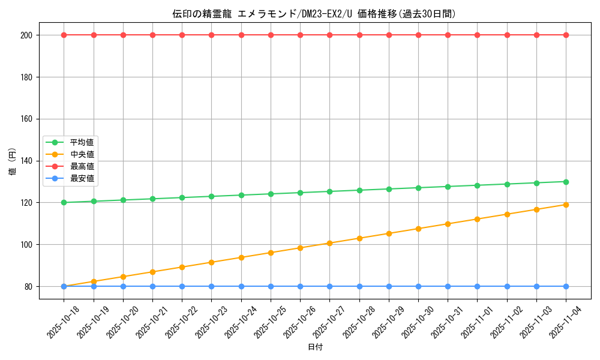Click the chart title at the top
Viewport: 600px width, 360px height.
tap(314, 14)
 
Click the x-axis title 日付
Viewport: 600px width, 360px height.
tap(315, 347)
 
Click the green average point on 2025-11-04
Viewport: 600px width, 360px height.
tap(566, 182)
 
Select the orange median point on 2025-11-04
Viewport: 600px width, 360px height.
tap(566, 205)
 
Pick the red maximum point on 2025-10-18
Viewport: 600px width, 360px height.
tap(64, 35)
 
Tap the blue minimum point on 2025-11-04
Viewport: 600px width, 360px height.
tap(566, 286)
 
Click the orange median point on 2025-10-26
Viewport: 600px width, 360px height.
tap(300, 248)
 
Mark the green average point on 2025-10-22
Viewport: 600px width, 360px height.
tap(182, 197)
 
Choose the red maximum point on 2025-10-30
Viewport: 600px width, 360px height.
tap(418, 35)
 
